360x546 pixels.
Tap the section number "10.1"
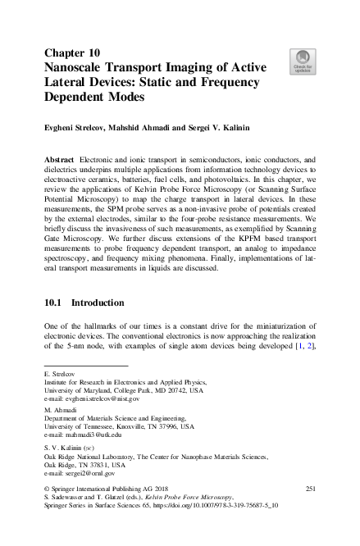55,303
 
